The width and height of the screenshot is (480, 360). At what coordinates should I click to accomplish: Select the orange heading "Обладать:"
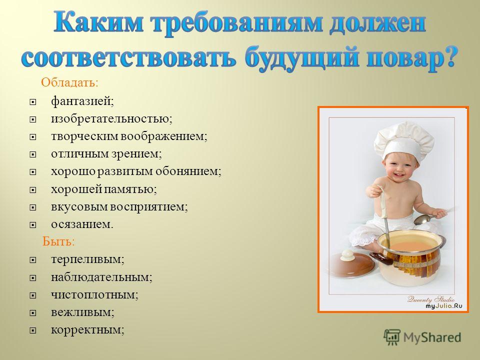coord(70,82)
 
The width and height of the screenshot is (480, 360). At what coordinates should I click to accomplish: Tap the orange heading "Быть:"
coord(58,241)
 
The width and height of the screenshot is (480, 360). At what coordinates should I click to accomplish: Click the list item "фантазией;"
coord(82,101)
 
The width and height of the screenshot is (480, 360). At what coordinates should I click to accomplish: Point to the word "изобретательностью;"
coord(111,119)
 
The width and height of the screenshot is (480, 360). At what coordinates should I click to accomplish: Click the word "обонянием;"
coord(188,171)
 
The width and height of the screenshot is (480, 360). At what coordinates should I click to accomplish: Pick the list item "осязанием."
coord(82,224)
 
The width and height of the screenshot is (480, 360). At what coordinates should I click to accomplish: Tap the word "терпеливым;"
coord(87,259)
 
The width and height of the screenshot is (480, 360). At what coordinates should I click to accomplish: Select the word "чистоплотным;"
coord(94,295)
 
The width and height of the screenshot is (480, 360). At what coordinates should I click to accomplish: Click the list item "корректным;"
coord(87,330)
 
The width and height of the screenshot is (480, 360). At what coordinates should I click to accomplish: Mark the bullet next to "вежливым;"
coord(33,313)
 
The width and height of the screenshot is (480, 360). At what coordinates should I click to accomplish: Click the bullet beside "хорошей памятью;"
coord(33,190)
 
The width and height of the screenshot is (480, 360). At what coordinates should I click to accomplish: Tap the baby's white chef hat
coord(403,139)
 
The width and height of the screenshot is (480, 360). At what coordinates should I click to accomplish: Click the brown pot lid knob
coord(347,255)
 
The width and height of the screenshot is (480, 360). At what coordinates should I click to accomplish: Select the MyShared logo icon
coord(392,337)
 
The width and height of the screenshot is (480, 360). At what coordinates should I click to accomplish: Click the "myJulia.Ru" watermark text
coord(444,306)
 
